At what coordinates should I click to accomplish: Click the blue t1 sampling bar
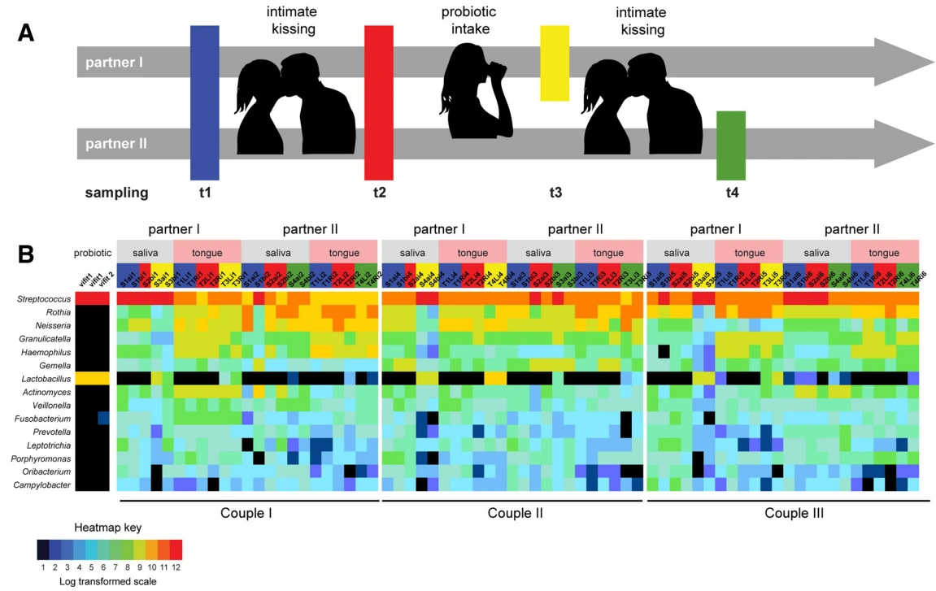pyautogui.click(x=204, y=102)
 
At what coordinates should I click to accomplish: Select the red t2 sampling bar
pyautogui.click(x=379, y=102)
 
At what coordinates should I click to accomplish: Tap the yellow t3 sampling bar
pyautogui.click(x=555, y=63)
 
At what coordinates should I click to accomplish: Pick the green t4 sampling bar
pyautogui.click(x=730, y=145)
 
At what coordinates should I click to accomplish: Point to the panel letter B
pyautogui.click(x=28, y=254)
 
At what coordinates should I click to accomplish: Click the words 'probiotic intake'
pyautogui.click(x=469, y=21)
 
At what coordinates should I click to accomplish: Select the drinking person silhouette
pyautogui.click(x=476, y=89)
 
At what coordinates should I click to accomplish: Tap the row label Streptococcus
pyautogui.click(x=46, y=299)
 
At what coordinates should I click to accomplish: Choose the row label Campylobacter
pyautogui.click(x=46, y=485)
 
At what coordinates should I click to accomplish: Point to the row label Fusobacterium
pyautogui.click(x=47, y=419)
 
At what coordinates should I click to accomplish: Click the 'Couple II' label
pyautogui.click(x=516, y=513)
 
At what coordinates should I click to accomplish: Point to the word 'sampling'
pyautogui.click(x=117, y=193)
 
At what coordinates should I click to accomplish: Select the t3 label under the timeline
pyautogui.click(x=555, y=193)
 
